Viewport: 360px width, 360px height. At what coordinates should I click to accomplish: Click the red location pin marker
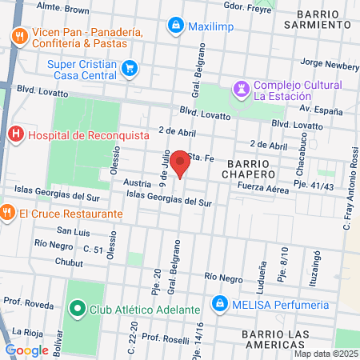click(181, 163)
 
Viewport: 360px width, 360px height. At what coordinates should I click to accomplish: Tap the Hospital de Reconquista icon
click(14, 134)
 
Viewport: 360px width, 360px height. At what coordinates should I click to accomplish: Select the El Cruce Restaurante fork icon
click(7, 214)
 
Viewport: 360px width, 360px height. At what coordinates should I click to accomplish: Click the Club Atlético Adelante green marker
click(78, 308)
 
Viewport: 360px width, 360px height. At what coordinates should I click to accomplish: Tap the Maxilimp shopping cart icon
click(175, 26)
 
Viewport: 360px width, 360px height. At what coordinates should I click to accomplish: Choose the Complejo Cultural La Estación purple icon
click(241, 86)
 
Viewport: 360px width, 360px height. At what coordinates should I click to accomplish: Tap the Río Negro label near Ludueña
click(223, 276)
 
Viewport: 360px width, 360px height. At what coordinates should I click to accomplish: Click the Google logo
click(26, 350)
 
